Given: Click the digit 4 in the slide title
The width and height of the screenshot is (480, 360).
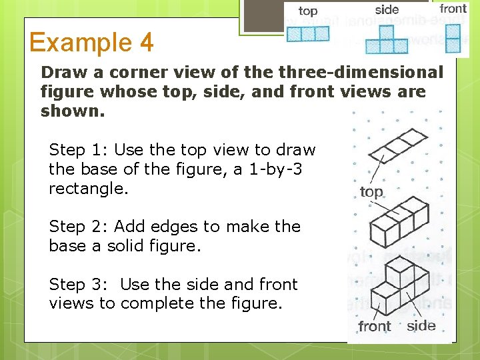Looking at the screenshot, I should (x=146, y=43).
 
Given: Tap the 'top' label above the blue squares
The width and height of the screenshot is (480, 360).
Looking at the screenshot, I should (x=308, y=11).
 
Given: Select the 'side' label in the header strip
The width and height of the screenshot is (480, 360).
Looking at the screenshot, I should (x=387, y=9).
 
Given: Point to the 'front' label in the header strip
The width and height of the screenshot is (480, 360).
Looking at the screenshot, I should (x=453, y=9).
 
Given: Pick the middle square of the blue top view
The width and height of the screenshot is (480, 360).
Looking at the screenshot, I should (x=309, y=33).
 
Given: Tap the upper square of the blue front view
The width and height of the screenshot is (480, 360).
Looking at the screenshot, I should (x=453, y=31).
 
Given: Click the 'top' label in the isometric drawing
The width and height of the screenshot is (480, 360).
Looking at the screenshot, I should (x=371, y=193).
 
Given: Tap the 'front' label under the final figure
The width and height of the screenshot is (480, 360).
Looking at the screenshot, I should (x=374, y=326).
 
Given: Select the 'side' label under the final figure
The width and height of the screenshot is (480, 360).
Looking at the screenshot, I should (x=421, y=325).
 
